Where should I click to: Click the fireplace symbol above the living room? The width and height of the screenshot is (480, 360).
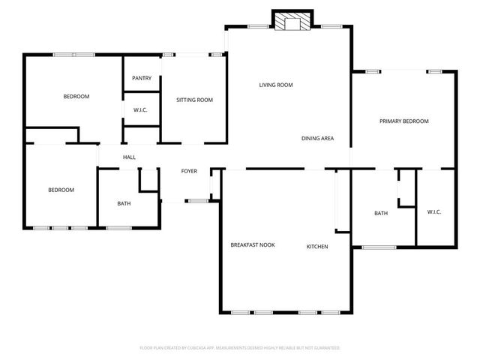[x=289, y=21]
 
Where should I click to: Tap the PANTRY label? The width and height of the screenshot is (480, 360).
[x=142, y=79]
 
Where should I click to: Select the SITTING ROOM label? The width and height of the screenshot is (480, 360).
[x=194, y=100]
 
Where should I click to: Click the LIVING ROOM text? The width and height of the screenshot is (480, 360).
[x=275, y=85]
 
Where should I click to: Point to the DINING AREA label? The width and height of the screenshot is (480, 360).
[x=317, y=139]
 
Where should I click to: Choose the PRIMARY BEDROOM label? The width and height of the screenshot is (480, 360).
[x=403, y=121]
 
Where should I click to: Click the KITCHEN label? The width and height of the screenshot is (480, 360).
[x=316, y=246]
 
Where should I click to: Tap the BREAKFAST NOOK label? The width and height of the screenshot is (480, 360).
[x=252, y=246]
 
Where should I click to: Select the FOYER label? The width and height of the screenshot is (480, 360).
[x=189, y=171]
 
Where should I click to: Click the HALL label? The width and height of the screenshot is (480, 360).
[x=129, y=157]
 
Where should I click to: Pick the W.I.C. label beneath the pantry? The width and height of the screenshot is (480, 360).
[x=140, y=110]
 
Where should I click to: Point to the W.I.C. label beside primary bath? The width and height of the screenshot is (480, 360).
[x=434, y=212]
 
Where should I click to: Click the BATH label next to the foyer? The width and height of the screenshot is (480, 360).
[x=123, y=203]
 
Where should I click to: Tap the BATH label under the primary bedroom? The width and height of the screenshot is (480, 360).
[x=381, y=214]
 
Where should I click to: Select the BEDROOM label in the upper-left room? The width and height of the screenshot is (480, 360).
[x=76, y=97]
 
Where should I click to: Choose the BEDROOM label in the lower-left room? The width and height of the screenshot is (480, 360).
[x=61, y=190]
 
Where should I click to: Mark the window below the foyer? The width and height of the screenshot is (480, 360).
[x=198, y=200]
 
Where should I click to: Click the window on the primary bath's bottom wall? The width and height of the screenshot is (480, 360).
[x=379, y=246]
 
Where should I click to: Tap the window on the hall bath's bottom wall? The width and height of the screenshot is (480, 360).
[x=118, y=227]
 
